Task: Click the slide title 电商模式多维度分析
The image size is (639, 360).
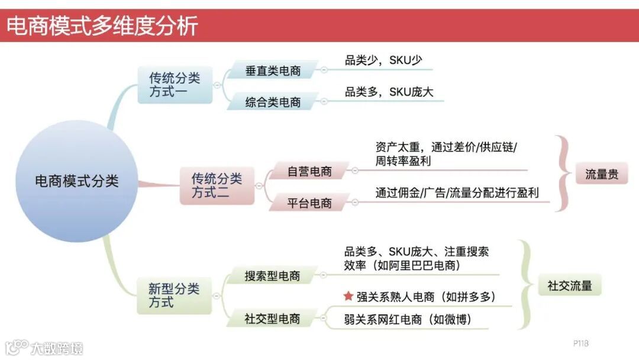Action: pos(102,26)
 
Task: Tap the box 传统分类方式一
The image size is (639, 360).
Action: pos(175,85)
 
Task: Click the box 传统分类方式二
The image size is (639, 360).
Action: pos(217,185)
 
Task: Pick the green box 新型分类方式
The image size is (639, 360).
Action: pos(174,295)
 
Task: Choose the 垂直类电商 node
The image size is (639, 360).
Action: pos(273,71)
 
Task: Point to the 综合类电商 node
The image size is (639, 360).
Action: pos(273,102)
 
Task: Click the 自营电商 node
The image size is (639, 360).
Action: pos(309,172)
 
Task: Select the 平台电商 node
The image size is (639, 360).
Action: pos(309,203)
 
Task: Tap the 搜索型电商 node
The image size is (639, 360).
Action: pos(273,276)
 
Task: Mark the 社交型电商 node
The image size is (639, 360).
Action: pos(273,319)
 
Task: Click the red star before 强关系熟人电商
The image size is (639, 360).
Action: pos(348,296)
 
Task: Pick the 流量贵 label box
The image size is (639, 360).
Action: pos(602,174)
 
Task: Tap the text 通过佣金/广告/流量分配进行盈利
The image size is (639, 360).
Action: pos(457,193)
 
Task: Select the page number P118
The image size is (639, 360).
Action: pos(580,343)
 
